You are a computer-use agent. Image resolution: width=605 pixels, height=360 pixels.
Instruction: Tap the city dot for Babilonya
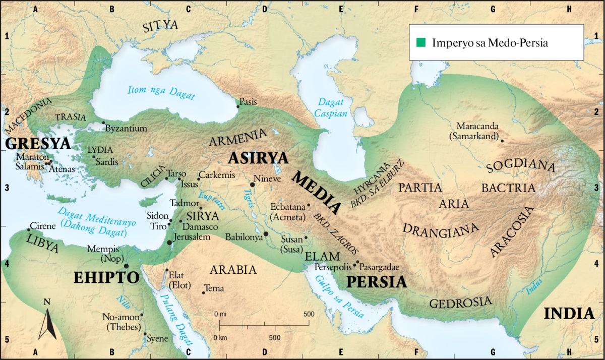[266, 234]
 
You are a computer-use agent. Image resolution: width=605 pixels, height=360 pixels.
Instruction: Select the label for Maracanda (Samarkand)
[477, 131]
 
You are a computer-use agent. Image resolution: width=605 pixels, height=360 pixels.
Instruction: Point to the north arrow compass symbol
[47, 320]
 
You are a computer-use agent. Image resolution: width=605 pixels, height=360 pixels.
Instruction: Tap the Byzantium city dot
[103, 123]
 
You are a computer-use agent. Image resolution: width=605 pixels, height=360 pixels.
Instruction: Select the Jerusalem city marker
[170, 243]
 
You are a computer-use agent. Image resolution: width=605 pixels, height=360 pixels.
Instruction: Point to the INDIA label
[569, 314]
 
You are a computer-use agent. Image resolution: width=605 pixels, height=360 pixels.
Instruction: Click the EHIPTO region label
[106, 277]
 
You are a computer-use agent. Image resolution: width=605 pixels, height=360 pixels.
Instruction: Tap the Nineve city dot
[252, 185]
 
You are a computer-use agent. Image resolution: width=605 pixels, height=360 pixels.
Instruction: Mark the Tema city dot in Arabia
[203, 292]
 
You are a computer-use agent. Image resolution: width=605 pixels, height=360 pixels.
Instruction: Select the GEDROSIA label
[460, 302]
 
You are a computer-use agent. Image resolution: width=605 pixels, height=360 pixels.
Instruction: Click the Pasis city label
[248, 101]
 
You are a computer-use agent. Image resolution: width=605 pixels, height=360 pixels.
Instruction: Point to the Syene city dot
[145, 334]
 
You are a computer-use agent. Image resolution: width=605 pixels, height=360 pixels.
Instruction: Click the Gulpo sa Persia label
[339, 297]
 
